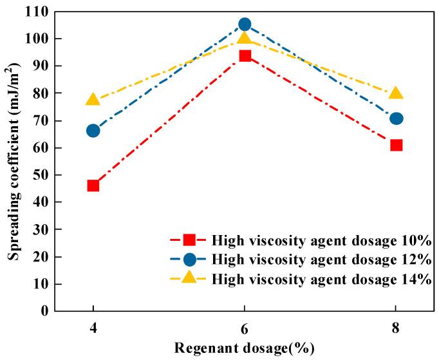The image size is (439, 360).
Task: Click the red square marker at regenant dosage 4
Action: point(93,185)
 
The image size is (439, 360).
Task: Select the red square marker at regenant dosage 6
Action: point(245,55)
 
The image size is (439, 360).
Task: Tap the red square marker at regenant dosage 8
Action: point(397,145)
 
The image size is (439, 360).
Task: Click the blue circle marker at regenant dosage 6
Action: point(245,24)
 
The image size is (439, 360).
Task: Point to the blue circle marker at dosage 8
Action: point(397,118)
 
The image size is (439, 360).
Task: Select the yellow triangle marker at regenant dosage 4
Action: point(93,100)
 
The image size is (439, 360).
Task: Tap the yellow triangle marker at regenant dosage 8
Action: point(397,93)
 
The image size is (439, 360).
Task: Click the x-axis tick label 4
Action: point(93,327)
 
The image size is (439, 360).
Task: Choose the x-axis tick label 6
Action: point(245,327)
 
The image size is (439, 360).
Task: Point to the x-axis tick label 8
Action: point(397,327)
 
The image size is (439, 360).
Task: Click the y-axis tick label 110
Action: point(37,12)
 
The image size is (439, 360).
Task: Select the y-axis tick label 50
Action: point(41,175)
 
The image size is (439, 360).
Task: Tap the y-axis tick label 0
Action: point(44,311)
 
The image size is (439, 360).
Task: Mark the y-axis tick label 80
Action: point(41,93)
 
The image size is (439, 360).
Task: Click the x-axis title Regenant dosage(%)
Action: point(245,348)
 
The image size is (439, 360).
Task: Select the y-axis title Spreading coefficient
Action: point(13,161)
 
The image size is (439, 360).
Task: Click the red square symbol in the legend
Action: point(189,240)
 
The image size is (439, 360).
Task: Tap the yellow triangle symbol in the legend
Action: point(189,278)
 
